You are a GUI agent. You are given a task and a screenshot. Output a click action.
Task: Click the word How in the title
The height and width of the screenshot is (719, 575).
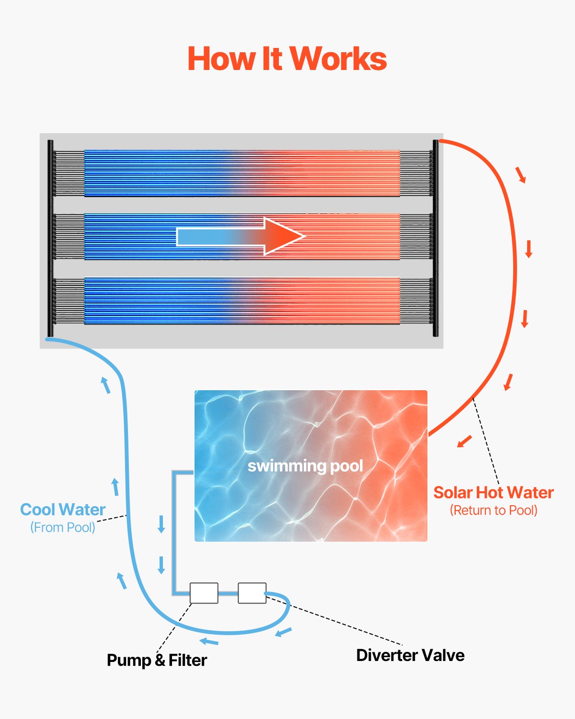[221, 59]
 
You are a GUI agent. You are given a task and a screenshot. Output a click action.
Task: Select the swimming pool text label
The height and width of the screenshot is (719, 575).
[305, 466]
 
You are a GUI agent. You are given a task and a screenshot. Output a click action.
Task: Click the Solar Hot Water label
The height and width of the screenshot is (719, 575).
[494, 493]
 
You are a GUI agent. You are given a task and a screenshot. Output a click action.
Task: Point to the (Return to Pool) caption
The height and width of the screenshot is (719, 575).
[494, 510]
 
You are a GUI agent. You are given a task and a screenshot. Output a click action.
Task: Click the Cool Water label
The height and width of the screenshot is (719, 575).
[63, 510]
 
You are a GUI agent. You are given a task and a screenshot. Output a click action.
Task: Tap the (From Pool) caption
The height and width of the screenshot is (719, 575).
[63, 527]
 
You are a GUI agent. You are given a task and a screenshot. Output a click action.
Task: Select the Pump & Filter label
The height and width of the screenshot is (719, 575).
[157, 660]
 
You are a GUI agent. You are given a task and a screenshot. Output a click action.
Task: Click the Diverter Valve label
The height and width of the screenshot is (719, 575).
[410, 655]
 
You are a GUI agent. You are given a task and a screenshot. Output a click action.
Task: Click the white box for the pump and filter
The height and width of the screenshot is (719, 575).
[204, 593]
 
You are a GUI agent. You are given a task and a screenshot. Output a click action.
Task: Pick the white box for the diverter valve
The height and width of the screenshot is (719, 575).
[252, 593]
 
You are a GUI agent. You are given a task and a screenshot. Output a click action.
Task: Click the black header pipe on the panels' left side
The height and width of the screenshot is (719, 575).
[50, 238]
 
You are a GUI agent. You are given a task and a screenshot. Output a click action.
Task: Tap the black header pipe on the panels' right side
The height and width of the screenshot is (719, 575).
[436, 238]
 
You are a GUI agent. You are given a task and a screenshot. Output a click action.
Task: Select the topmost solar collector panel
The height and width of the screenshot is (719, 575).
[242, 173]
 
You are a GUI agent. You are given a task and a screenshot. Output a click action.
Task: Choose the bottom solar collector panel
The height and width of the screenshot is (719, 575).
[242, 301]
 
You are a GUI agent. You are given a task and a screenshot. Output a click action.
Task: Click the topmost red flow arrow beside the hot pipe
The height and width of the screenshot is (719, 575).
[521, 175]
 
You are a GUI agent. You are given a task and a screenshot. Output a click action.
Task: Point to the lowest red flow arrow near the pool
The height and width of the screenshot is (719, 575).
[464, 441]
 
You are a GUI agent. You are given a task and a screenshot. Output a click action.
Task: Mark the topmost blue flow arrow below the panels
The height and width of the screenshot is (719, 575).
[105, 385]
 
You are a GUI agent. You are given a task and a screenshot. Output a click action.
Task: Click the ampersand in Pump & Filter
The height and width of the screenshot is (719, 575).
[160, 661]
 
